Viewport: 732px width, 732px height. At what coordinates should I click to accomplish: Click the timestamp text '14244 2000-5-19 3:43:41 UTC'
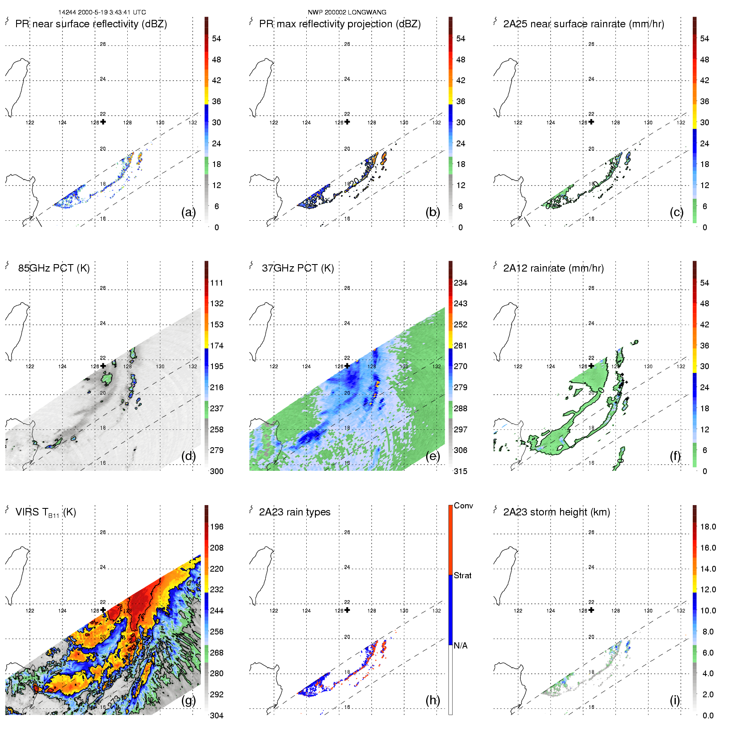point(102,12)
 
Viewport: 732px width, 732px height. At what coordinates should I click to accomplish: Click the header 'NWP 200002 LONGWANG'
point(347,12)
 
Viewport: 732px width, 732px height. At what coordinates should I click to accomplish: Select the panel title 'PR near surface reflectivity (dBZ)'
point(91,24)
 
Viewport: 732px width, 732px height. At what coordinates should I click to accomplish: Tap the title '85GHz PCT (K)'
point(54,268)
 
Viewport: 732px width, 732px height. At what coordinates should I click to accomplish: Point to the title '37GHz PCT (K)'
point(298,268)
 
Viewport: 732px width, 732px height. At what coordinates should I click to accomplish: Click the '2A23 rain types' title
point(294,512)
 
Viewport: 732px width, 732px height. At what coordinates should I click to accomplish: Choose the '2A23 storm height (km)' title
point(556,512)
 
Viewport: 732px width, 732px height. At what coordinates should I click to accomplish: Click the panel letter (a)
point(188,212)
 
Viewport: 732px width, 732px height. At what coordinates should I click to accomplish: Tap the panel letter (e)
point(432,456)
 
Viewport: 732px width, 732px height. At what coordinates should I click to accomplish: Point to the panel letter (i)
point(675,700)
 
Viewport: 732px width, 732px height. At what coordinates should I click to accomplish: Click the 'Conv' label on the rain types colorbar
point(463,505)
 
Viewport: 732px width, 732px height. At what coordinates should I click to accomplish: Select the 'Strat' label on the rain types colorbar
point(463,575)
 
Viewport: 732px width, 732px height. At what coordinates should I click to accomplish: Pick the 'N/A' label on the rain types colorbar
point(461,646)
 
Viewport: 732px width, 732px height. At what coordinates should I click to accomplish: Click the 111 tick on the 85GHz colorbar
point(217,283)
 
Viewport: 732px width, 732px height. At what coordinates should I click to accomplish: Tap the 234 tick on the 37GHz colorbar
point(460,283)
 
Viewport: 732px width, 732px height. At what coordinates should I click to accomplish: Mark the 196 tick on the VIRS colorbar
point(217,527)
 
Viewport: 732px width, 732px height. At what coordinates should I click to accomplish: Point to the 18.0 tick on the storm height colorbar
point(708,527)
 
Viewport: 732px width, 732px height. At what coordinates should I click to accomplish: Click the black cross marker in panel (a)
point(103,122)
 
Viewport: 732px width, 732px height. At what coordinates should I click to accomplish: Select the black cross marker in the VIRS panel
point(103,610)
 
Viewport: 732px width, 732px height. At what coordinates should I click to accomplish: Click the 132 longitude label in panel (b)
point(436,123)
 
